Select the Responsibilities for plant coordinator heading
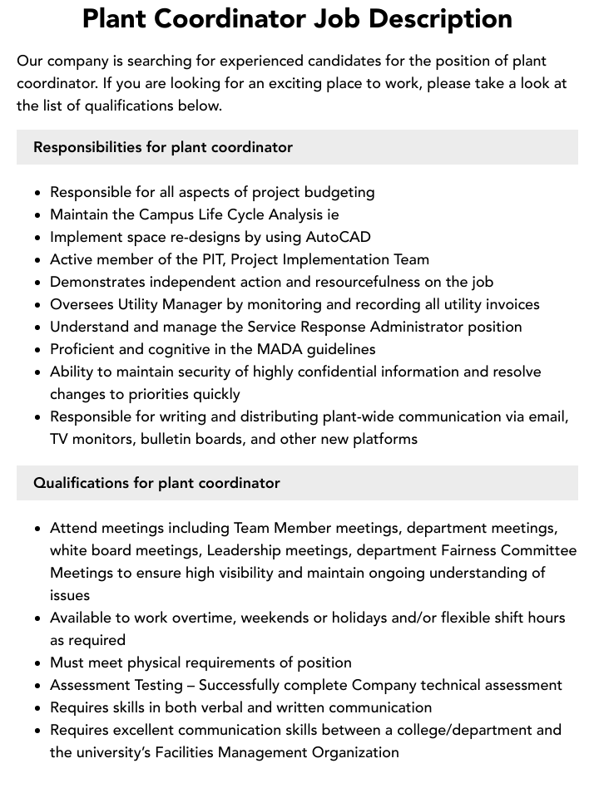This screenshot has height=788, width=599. (163, 147)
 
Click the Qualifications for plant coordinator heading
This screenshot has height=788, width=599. (156, 483)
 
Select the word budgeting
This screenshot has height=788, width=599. (339, 192)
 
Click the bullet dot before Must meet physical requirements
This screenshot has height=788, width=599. (38, 663)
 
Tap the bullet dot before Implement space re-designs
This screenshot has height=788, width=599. (38, 238)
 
